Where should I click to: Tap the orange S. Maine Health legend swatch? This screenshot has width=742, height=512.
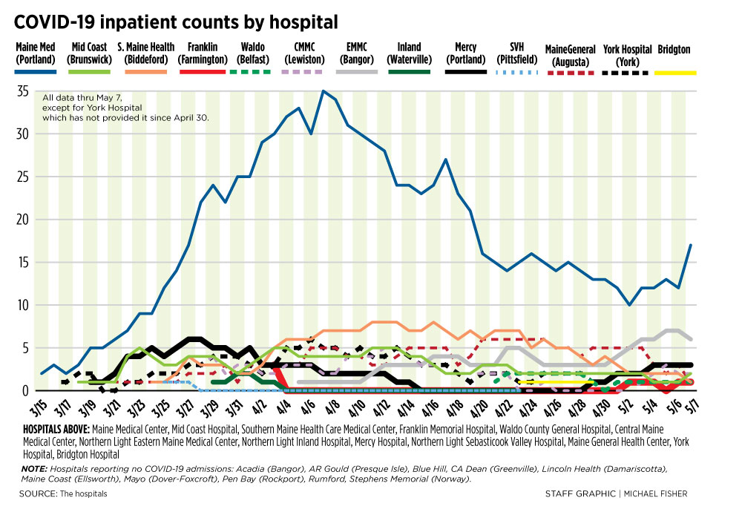[x=145, y=72]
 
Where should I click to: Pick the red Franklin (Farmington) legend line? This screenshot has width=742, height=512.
[x=203, y=72]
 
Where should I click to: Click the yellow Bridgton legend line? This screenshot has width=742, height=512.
[x=674, y=72]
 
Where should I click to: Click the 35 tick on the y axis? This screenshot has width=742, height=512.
[x=22, y=91]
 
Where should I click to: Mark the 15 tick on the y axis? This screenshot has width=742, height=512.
[x=22, y=262]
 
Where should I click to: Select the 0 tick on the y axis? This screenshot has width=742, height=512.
[x=24, y=390]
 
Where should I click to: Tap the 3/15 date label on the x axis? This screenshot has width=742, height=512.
[x=37, y=407]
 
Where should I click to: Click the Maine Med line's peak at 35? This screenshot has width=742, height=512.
[x=323, y=91]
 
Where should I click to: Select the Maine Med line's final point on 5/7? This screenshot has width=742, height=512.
[x=691, y=246]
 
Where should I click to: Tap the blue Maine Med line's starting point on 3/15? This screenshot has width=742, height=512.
[x=42, y=373]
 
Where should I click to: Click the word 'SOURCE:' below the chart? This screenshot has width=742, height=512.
[x=39, y=493]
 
